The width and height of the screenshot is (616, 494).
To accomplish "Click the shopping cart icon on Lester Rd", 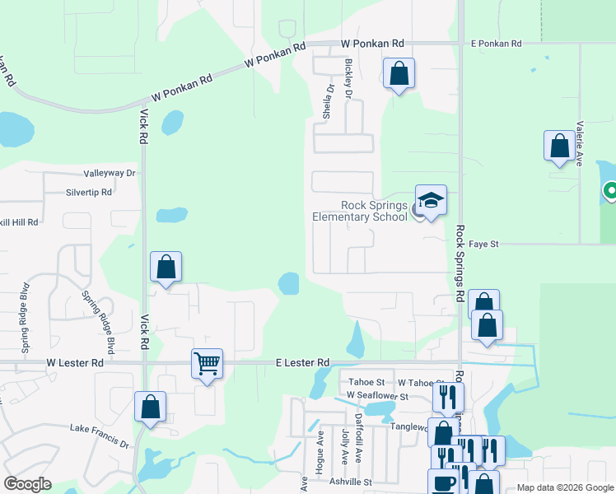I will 207,362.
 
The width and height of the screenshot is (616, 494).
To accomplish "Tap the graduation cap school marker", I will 431,201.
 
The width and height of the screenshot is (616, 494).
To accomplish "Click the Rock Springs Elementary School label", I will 360,211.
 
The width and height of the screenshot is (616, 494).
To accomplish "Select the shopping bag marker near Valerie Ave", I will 560,147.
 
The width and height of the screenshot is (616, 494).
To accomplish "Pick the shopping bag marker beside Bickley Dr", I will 399,73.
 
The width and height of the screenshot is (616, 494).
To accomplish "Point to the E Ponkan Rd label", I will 497,43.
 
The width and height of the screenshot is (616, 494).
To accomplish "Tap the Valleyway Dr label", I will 109,174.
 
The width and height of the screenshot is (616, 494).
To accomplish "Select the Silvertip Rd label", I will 89,192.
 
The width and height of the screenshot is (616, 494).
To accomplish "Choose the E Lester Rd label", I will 301,362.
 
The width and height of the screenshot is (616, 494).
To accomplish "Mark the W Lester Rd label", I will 75,362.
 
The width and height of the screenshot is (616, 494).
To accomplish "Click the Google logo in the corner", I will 27,484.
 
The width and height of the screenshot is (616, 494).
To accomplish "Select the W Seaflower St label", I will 377,396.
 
